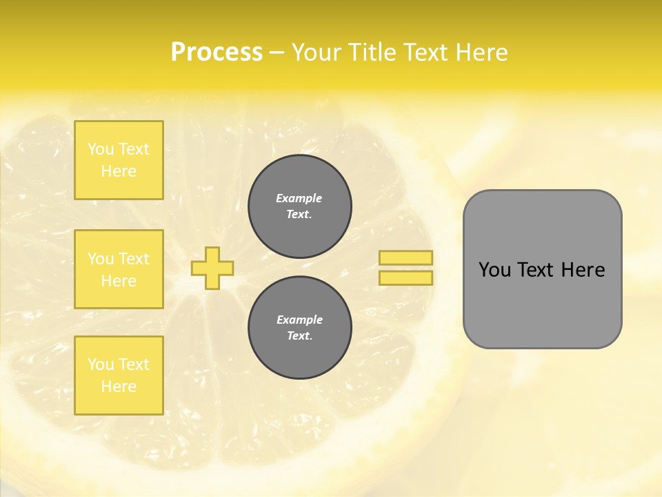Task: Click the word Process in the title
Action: [x=217, y=52]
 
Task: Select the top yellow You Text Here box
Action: [x=119, y=160]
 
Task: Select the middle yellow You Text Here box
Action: [x=119, y=269]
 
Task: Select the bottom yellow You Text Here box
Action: [x=119, y=376]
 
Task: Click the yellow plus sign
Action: [x=212, y=268]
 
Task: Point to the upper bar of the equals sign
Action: [x=406, y=258]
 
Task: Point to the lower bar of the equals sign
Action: [x=406, y=278]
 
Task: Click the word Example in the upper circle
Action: [x=299, y=198]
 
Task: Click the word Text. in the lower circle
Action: [x=299, y=336]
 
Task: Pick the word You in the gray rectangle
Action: [x=494, y=270]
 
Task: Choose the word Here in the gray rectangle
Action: [x=583, y=270]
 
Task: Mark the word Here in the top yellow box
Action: [x=119, y=171]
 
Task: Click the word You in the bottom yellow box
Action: [x=101, y=364]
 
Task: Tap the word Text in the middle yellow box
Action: [x=134, y=259]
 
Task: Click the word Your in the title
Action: [x=317, y=52]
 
